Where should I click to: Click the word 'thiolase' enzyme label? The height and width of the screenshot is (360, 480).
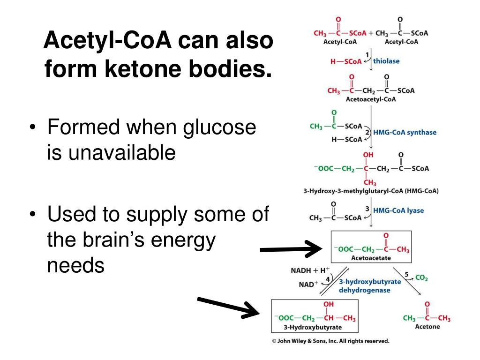pos(386,61)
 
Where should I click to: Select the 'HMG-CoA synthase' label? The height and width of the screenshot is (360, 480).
pos(405,132)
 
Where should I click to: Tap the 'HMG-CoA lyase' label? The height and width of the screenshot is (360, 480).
pos(398,210)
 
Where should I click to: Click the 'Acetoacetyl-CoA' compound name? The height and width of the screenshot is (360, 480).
pos(370,99)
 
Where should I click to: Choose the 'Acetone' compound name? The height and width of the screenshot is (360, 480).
pos(427,327)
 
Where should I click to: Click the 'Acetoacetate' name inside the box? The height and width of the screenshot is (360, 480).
pos(371,258)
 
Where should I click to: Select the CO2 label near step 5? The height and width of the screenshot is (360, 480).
pos(421,278)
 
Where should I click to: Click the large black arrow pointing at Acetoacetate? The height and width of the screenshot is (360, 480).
pos(291,249)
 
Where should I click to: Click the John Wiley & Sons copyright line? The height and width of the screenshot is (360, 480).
pos(330,341)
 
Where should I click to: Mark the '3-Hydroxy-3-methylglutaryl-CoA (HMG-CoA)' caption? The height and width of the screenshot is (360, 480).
pos(371,191)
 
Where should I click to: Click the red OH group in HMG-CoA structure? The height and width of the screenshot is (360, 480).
pos(368,155)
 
